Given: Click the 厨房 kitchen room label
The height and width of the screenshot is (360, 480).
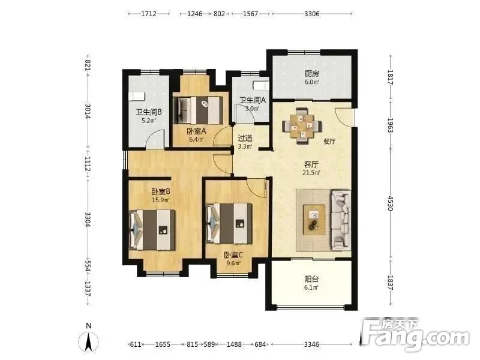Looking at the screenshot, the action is [x=311, y=74].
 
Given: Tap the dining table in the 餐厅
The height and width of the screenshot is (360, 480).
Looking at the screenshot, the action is [x=302, y=125].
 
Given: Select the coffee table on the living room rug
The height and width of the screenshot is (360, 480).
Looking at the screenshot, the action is [x=314, y=220].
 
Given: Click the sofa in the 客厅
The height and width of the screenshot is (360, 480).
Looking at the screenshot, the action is [x=341, y=220].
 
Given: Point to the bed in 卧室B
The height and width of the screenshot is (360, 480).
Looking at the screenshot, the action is [x=152, y=230].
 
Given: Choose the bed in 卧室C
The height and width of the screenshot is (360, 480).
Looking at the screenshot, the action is [x=229, y=223].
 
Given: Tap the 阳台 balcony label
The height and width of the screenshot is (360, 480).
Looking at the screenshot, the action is [x=311, y=279].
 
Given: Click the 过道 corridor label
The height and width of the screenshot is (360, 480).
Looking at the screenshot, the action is [x=245, y=139].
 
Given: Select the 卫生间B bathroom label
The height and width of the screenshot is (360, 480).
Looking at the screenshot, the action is [x=149, y=112].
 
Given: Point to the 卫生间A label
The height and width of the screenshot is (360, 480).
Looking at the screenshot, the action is [x=253, y=100].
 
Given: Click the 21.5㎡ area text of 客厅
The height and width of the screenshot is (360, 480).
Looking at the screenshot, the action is [x=311, y=173].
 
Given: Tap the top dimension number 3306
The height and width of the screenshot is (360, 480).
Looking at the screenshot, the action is [x=312, y=14].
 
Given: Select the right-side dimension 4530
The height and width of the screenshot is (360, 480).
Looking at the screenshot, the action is [x=390, y=203].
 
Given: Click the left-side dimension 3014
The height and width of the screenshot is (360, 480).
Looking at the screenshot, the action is [x=88, y=111].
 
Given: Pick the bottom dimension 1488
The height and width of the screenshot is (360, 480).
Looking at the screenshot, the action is [x=234, y=344].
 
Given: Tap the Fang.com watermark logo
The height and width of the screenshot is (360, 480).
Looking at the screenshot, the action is [x=414, y=335].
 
